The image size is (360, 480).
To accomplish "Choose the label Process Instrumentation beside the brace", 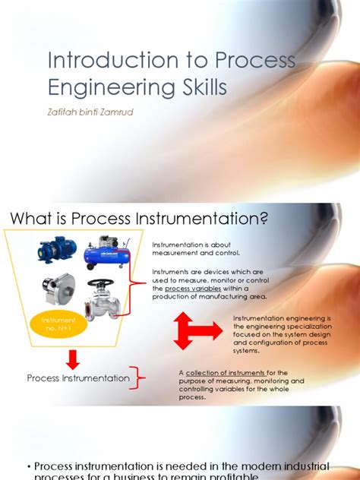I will coord(73,378).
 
